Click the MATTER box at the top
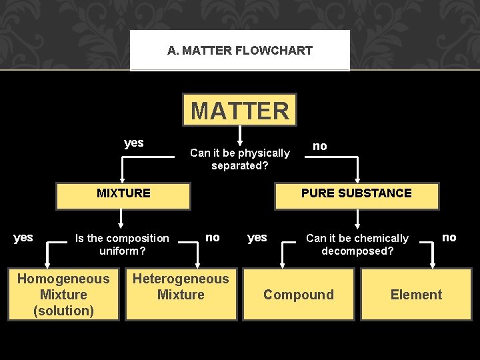(x=240, y=110)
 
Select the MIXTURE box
(x=123, y=194)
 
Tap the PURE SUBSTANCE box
(x=357, y=194)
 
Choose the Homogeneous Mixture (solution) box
(x=63, y=295)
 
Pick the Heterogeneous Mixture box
(x=181, y=287)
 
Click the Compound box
(x=299, y=295)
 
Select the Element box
(x=416, y=295)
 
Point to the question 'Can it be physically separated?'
(x=240, y=159)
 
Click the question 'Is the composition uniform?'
(x=122, y=245)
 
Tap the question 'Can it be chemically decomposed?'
(x=357, y=245)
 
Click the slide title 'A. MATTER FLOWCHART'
(x=240, y=51)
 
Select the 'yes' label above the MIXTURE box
(x=134, y=143)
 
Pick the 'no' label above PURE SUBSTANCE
(x=320, y=146)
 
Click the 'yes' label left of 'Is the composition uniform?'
(x=23, y=237)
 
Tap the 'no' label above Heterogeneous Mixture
(x=212, y=237)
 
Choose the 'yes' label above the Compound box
(x=257, y=237)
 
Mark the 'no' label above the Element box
(x=449, y=237)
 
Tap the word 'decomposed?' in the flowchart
(x=357, y=251)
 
